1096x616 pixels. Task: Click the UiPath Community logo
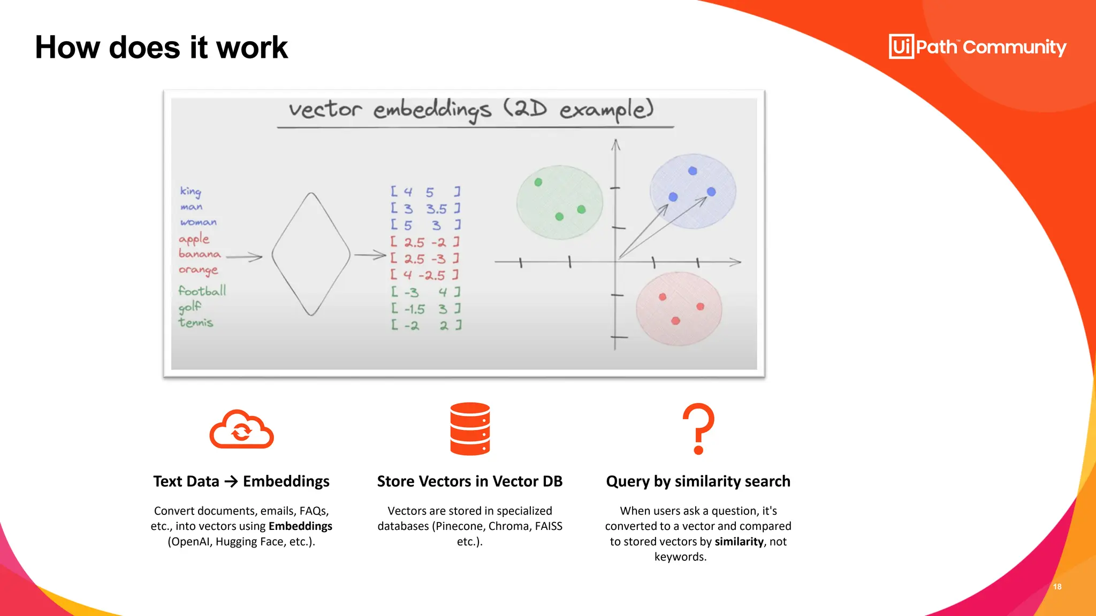click(x=977, y=47)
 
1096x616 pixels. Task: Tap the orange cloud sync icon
click(x=241, y=429)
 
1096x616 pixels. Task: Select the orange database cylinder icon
click(x=470, y=429)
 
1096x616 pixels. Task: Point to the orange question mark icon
click(x=698, y=428)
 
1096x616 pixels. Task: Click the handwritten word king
click(x=191, y=191)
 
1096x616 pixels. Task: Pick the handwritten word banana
click(x=200, y=253)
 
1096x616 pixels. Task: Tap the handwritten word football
click(x=202, y=291)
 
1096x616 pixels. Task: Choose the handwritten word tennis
click(x=196, y=322)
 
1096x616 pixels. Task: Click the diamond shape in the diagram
click(x=311, y=255)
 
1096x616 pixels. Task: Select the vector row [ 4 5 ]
click(x=425, y=191)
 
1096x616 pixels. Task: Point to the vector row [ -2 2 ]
click(x=426, y=325)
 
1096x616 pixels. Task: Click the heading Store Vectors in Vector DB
click(x=470, y=481)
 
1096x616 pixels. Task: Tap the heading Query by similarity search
click(x=698, y=481)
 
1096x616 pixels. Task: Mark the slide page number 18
click(x=1057, y=587)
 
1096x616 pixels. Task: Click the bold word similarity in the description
click(x=739, y=542)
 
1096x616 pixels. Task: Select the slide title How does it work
click(x=162, y=47)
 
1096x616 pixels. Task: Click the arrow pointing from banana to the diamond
click(x=244, y=257)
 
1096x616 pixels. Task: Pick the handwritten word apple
click(x=194, y=238)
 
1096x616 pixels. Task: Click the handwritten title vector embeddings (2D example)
click(x=471, y=110)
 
